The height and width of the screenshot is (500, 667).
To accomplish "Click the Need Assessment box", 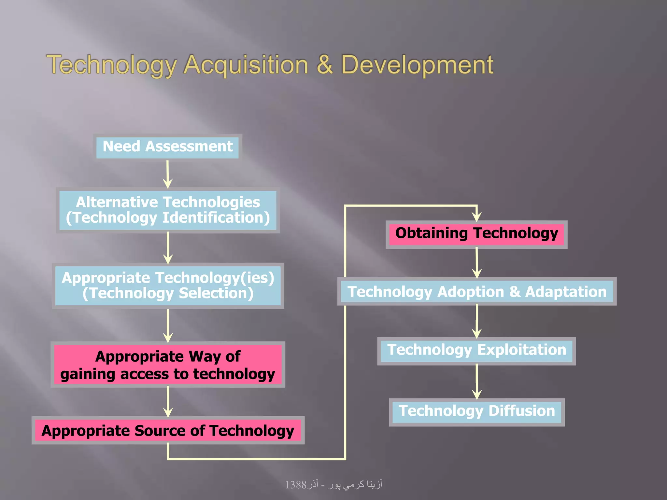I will (x=167, y=147).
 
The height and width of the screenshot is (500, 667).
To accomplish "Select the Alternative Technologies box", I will (x=168, y=210).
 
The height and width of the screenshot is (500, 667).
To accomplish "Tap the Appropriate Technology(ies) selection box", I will (x=168, y=285).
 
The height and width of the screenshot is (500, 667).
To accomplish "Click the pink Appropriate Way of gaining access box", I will (x=168, y=365).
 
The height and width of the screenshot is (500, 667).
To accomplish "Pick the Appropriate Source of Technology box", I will (x=168, y=431).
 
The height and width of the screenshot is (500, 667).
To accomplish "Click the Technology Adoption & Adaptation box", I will (x=477, y=292).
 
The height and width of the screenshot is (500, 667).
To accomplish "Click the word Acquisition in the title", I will (x=246, y=65).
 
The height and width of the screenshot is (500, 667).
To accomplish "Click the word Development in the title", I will (x=417, y=65).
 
